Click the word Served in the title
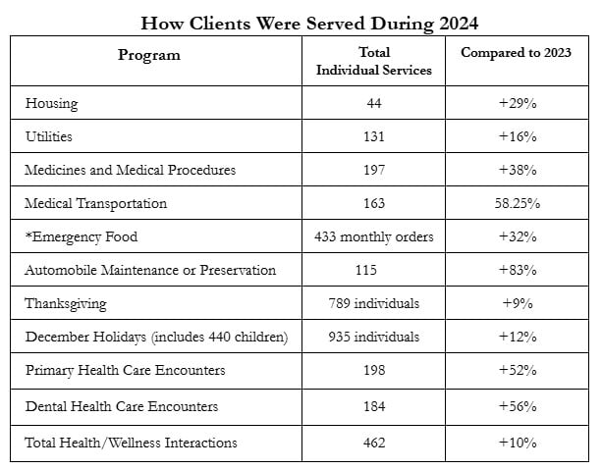point(335,24)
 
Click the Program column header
point(149,55)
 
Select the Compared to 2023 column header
point(516,53)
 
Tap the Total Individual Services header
point(373,62)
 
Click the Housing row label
point(51,104)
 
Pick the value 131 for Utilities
point(373,136)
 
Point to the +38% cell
point(518,170)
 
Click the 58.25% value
point(518,203)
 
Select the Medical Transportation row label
point(95,204)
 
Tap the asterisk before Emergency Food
point(28,235)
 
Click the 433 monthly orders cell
point(373,237)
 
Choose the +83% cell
point(518,270)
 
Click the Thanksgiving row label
point(66,304)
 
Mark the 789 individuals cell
point(373,303)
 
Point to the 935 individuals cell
point(373,337)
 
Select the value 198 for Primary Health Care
point(374,370)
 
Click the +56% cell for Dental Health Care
point(518,406)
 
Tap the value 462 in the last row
point(374,443)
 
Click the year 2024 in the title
point(459,24)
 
